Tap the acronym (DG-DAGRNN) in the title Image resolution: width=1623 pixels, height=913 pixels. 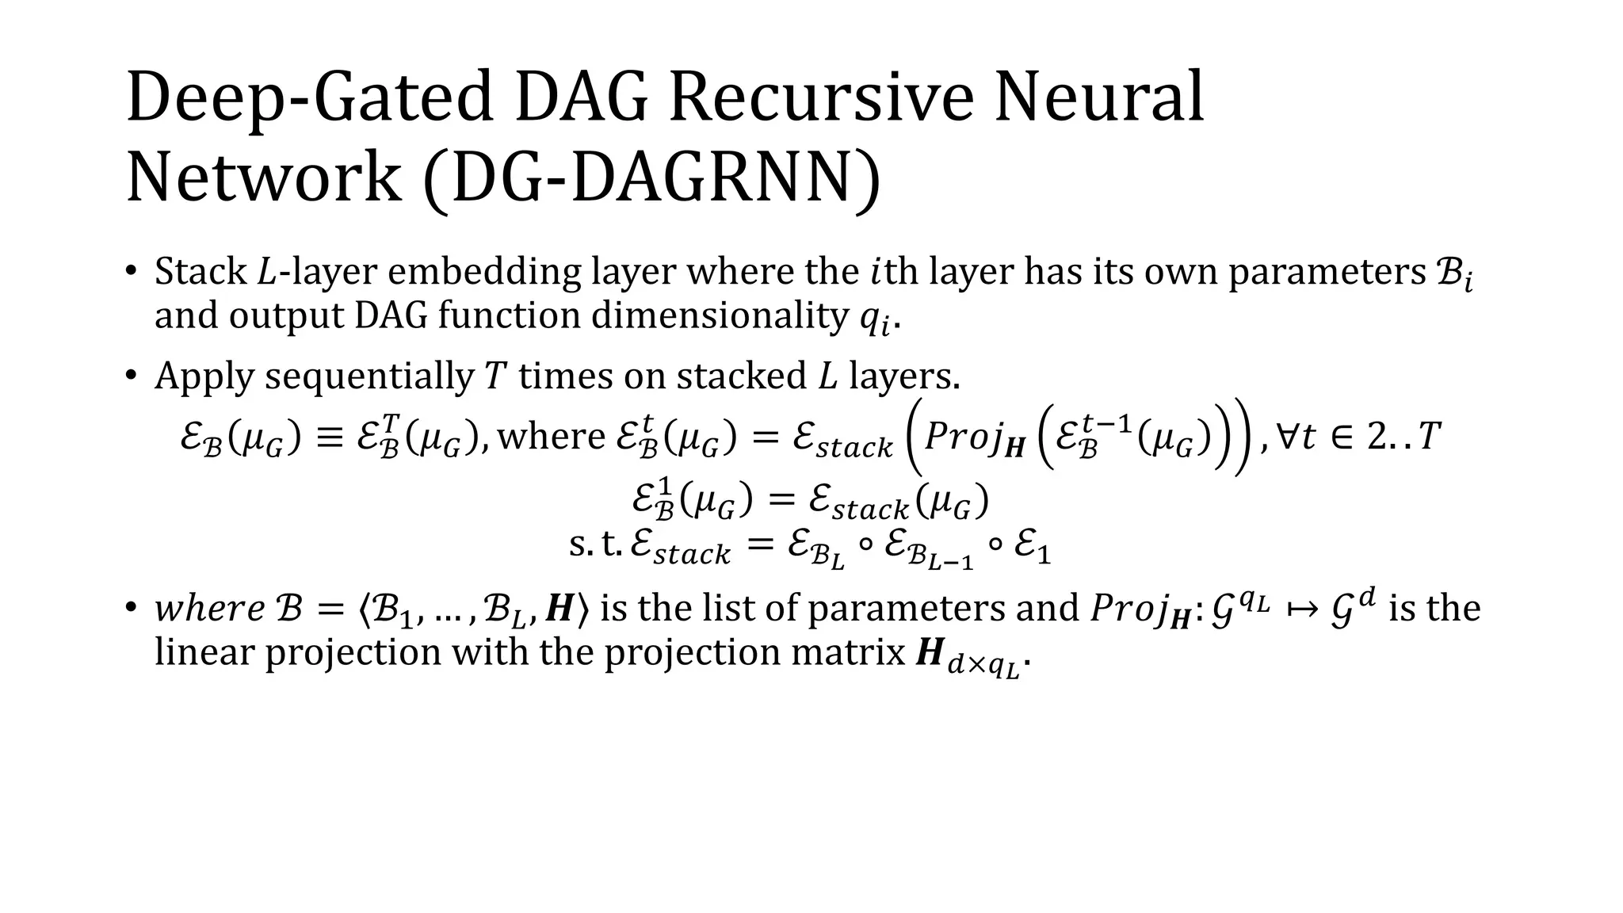tap(651, 178)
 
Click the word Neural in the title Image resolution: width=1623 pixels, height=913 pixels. tap(1098, 97)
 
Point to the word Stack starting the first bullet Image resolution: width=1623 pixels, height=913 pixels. tap(200, 272)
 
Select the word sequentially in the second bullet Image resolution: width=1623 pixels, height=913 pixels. tap(369, 376)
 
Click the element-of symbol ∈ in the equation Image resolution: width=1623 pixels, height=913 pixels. tap(1342, 437)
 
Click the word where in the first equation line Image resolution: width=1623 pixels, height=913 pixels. tap(551, 436)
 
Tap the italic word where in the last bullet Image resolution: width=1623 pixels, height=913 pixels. tap(209, 609)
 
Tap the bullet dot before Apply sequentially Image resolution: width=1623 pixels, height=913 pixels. tap(131, 375)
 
